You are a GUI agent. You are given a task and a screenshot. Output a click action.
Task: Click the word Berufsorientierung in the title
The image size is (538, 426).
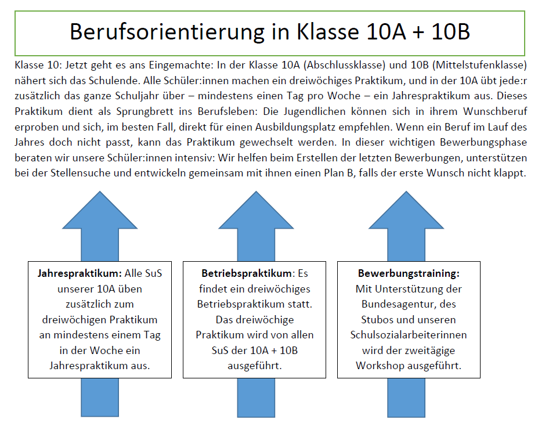point(167,32)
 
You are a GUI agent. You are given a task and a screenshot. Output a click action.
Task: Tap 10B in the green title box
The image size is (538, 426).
point(450,31)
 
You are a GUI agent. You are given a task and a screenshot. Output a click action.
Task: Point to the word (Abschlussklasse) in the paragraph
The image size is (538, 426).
point(345,65)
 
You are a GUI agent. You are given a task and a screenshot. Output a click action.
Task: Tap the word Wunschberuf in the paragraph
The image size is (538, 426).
point(495,111)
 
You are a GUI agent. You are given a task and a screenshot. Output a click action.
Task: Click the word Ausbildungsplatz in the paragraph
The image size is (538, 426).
point(295,127)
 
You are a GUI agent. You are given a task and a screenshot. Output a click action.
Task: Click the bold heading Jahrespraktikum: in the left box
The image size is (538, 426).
point(80,274)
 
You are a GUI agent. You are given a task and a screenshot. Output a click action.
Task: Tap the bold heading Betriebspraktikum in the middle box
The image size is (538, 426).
point(246,274)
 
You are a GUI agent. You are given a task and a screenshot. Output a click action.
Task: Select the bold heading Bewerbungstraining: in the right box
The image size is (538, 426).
point(409,274)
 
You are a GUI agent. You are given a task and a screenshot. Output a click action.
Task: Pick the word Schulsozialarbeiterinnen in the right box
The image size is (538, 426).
point(409,335)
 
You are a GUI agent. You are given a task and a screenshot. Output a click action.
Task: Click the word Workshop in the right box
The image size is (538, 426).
point(378,366)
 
